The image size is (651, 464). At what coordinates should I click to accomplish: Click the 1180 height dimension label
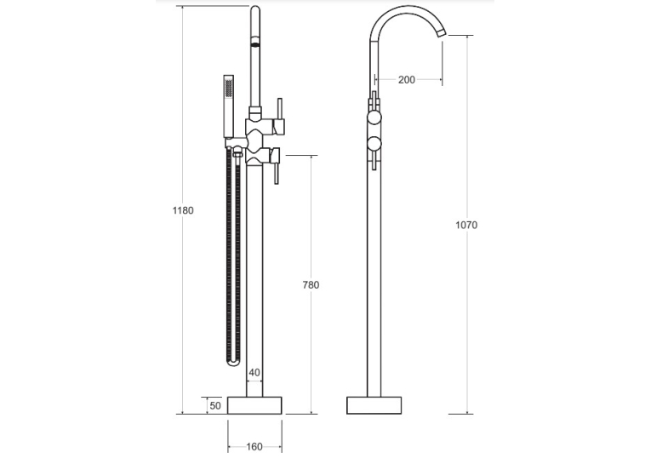(183, 210)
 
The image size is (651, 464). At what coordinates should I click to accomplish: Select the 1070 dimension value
(466, 225)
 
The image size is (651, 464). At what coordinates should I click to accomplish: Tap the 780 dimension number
(311, 285)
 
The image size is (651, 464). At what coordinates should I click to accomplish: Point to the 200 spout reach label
(407, 80)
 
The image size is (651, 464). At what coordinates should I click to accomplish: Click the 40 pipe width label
(254, 373)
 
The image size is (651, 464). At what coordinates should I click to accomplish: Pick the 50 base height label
(215, 405)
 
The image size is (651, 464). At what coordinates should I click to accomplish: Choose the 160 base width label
(254, 447)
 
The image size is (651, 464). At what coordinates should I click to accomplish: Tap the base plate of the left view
(254, 405)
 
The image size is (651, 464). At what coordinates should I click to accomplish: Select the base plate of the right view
(374, 405)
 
